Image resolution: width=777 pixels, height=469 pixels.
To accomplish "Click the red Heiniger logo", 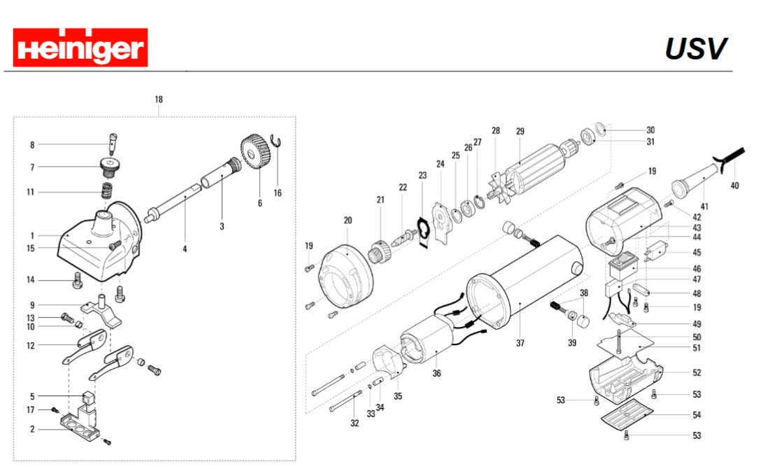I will (80, 48).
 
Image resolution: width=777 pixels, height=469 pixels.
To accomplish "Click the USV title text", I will (695, 49).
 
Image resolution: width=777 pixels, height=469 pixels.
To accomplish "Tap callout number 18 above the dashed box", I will (159, 99).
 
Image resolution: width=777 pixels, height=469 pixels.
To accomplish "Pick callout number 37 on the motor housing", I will (520, 343).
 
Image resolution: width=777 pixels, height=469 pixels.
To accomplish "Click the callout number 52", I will (697, 372).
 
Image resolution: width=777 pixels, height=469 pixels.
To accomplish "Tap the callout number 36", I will (436, 373).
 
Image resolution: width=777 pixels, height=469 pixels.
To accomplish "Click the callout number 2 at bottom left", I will (32, 429).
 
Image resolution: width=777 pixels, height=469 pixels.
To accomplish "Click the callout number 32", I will (355, 423).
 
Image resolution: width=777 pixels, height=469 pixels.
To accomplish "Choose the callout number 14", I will (31, 280).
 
